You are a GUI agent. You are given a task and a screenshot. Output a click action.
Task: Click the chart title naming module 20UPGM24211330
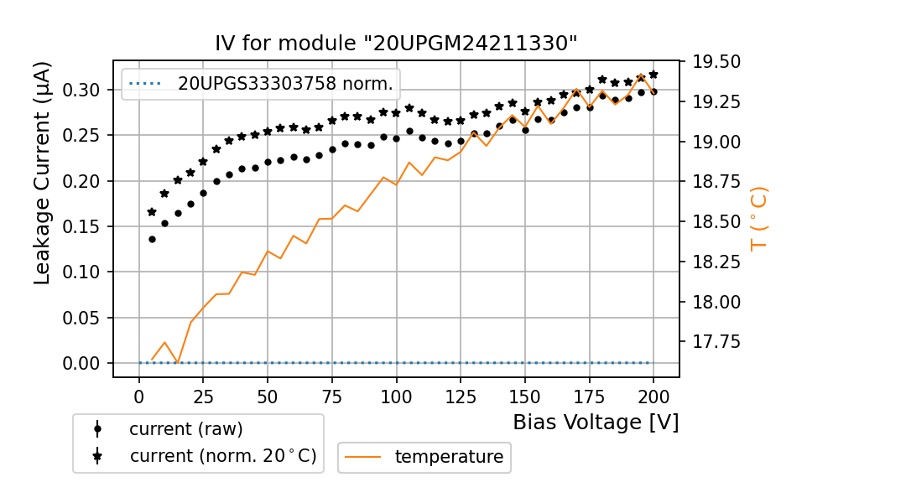click(396, 44)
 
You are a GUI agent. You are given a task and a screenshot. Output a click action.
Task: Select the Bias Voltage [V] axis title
click(596, 422)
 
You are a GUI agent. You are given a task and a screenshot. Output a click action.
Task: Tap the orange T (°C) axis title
click(759, 218)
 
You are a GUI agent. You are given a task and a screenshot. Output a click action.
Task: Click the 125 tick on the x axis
click(461, 396)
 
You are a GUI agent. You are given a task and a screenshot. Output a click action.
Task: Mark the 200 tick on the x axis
click(653, 396)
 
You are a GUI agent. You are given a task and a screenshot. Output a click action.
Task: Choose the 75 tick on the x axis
click(332, 396)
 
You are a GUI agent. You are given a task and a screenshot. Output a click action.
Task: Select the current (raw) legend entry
click(185, 428)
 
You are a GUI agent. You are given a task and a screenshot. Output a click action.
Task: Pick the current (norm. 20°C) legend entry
click(222, 456)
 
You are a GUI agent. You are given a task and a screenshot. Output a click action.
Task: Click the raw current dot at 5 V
click(152, 239)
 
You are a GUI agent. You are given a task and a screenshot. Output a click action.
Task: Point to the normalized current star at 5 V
click(152, 212)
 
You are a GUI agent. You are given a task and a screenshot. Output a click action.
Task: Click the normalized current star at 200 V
click(653, 75)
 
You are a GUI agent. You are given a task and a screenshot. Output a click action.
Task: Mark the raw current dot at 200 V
click(653, 91)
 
